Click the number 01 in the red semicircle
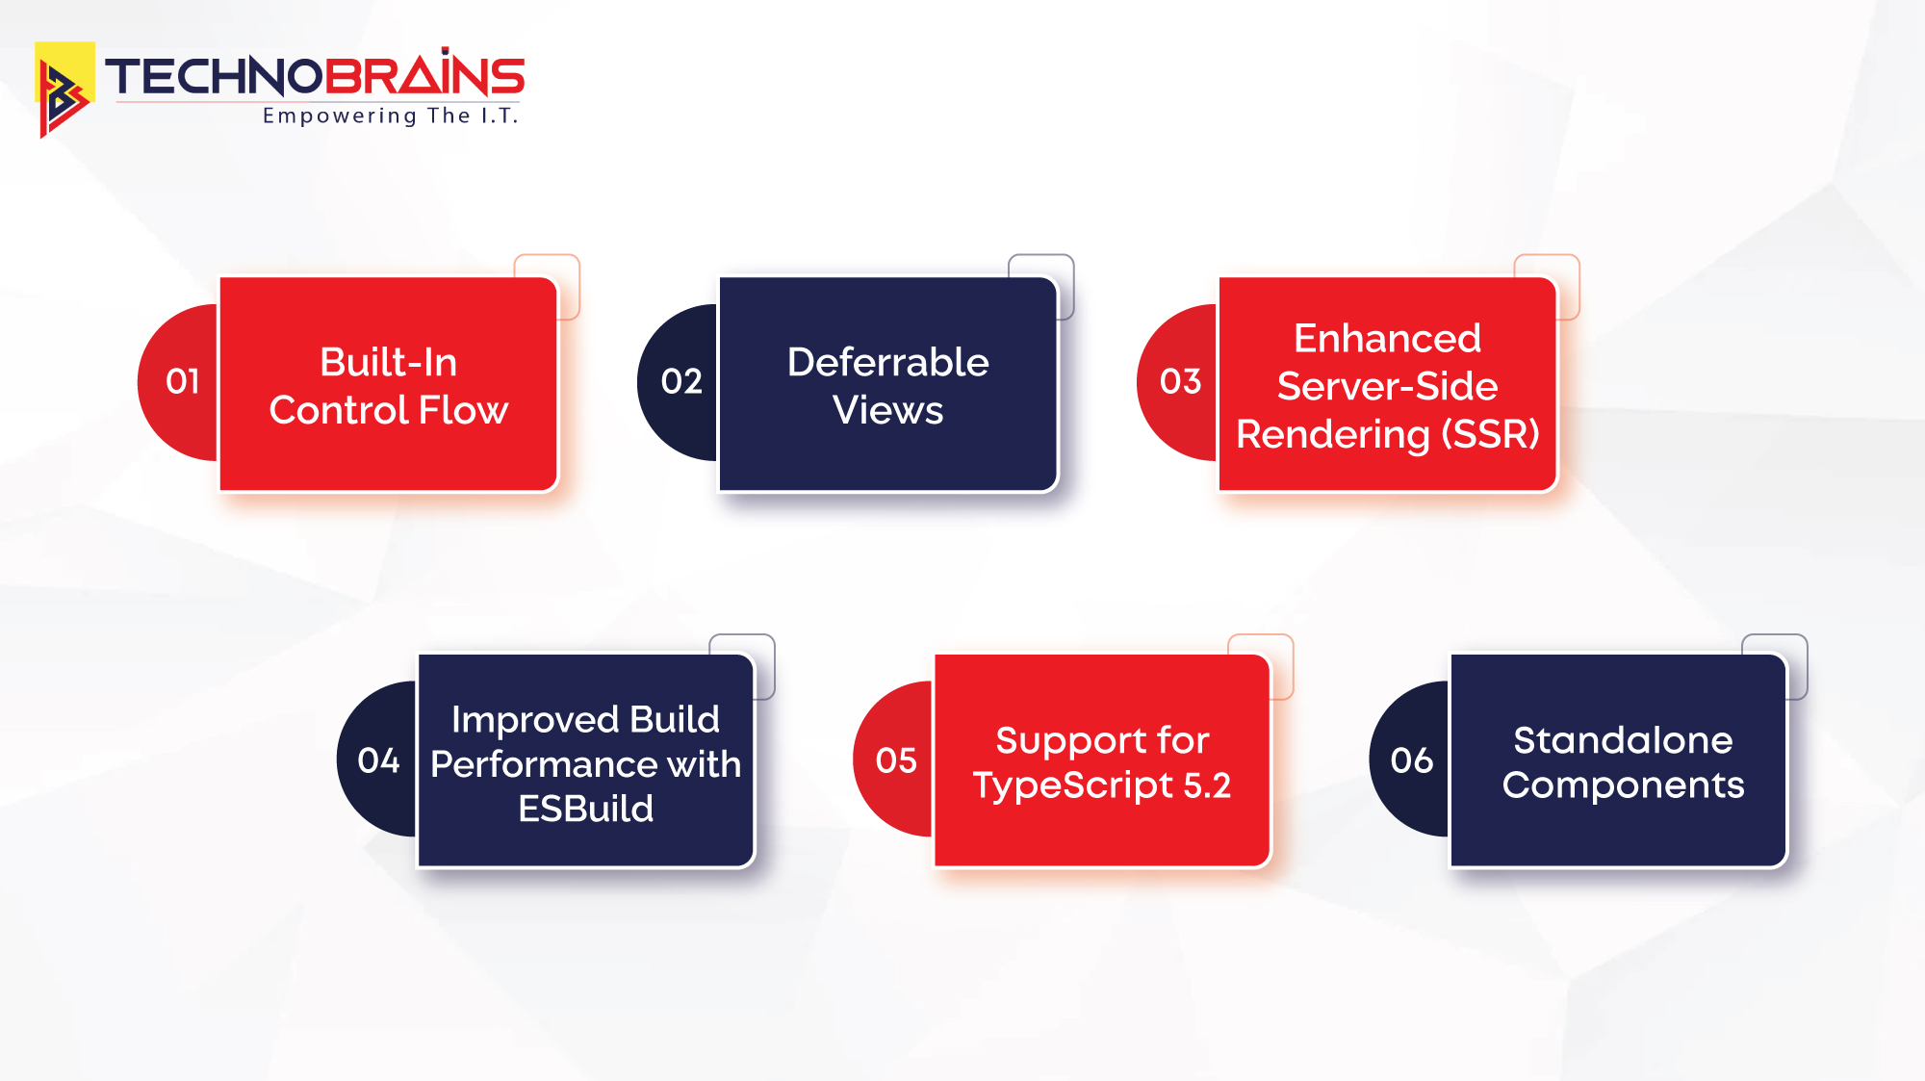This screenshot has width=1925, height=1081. point(183,382)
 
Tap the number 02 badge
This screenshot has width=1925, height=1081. point(681,382)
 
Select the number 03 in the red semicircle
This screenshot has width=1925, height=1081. point(1181,382)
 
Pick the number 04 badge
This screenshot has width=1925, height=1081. point(378,761)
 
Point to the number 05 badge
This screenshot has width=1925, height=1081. point(896,761)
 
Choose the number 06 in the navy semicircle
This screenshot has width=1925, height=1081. point(1412,761)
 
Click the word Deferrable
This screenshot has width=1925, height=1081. point(887,363)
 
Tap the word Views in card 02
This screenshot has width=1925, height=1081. point(887,411)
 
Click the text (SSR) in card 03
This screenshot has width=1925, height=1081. point(1490,435)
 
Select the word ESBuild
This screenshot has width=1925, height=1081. point(585,809)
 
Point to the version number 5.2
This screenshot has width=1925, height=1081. point(1207,786)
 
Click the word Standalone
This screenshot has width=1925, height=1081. point(1623,740)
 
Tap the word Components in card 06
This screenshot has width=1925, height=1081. point(1623,785)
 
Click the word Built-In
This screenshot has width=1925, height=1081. point(388,363)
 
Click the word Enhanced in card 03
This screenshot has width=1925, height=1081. point(1387,339)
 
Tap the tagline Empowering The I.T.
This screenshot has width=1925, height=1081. point(390,116)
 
